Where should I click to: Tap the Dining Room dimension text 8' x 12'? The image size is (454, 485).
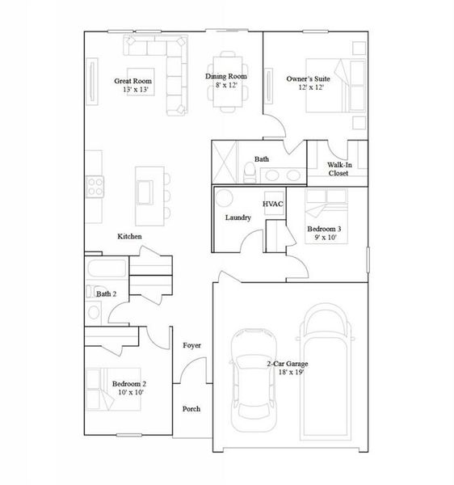click(225, 85)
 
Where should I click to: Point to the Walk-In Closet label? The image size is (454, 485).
click(338, 168)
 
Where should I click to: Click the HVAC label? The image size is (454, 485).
click(272, 204)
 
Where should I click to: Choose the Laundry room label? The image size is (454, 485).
click(238, 217)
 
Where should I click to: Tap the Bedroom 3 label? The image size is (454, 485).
click(324, 230)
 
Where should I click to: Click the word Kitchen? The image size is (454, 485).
click(129, 236)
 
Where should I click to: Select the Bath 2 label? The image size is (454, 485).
click(106, 293)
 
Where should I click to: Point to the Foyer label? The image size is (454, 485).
click(191, 345)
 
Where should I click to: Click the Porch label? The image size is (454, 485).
click(191, 408)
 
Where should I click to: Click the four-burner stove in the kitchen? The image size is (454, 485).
click(95, 187)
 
